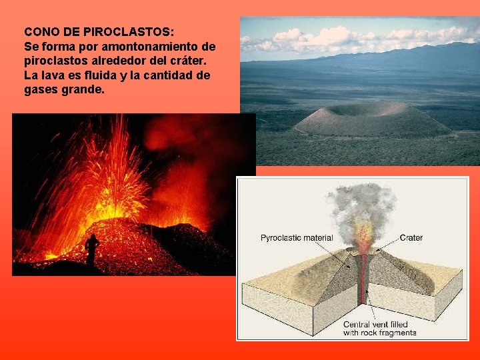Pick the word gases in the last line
(x=42, y=90)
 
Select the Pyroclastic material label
(x=297, y=237)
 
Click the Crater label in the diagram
(x=411, y=237)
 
